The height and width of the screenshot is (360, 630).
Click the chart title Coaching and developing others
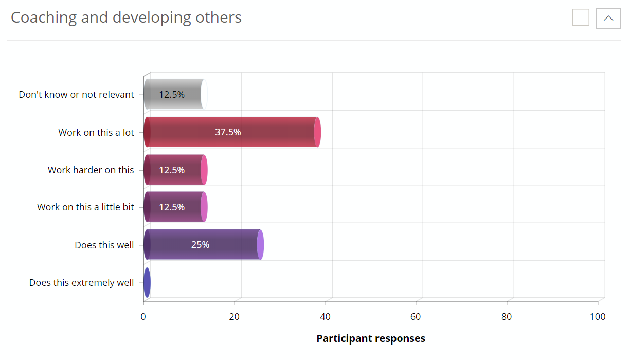tap(126, 17)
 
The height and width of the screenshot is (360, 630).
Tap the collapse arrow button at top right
tap(608, 18)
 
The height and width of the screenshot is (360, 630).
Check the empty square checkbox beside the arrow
tap(581, 17)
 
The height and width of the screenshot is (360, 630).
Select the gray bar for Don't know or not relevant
tap(175, 95)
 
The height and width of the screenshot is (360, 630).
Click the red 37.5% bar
tap(231, 132)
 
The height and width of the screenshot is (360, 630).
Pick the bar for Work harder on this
tap(175, 170)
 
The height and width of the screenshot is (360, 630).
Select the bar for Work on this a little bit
tap(175, 207)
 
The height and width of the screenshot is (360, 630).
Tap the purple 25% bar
tap(203, 245)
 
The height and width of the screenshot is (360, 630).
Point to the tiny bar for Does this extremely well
tap(147, 282)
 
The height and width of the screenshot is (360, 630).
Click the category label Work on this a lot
tap(96, 132)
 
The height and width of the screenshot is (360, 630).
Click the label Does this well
tap(104, 245)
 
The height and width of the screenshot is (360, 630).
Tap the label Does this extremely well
tap(81, 283)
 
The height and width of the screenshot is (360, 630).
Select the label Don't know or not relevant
tap(76, 95)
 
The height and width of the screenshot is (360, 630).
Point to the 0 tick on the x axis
tap(143, 317)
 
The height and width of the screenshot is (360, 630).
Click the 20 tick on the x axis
tap(235, 317)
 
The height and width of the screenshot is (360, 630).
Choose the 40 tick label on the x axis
tap(325, 317)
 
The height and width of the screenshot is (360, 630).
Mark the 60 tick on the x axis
tap(416, 317)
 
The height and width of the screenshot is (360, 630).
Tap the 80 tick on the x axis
tap(507, 317)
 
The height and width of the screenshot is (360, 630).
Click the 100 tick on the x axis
tap(598, 317)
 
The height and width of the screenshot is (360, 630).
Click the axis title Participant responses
tap(371, 338)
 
